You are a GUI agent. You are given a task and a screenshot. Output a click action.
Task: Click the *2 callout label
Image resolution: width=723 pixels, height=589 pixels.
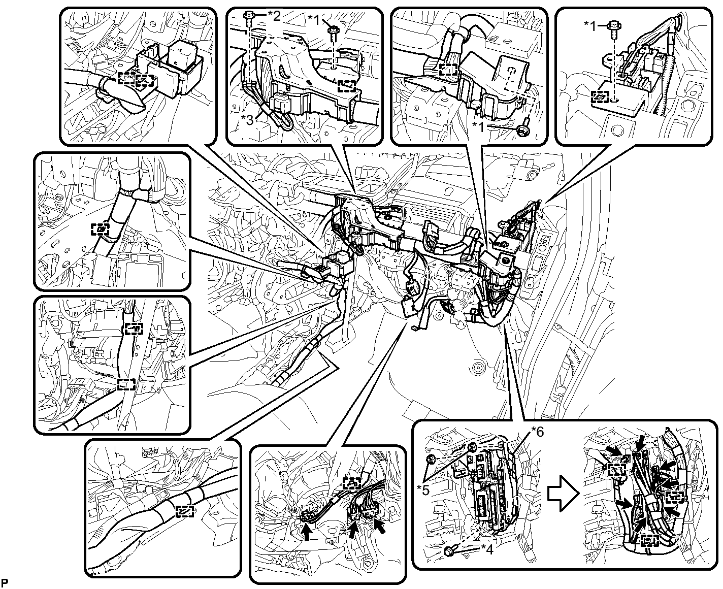click(x=274, y=16)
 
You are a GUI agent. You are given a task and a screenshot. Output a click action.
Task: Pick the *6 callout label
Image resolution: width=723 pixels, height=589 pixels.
click(x=537, y=432)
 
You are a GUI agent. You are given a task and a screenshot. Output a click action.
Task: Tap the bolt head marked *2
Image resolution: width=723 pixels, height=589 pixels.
click(x=248, y=15)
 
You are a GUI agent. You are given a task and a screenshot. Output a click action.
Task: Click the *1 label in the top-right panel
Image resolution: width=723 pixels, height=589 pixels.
click(x=591, y=26)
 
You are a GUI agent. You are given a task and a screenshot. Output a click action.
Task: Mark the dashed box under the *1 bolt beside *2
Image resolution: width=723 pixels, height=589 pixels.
click(x=347, y=86)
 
